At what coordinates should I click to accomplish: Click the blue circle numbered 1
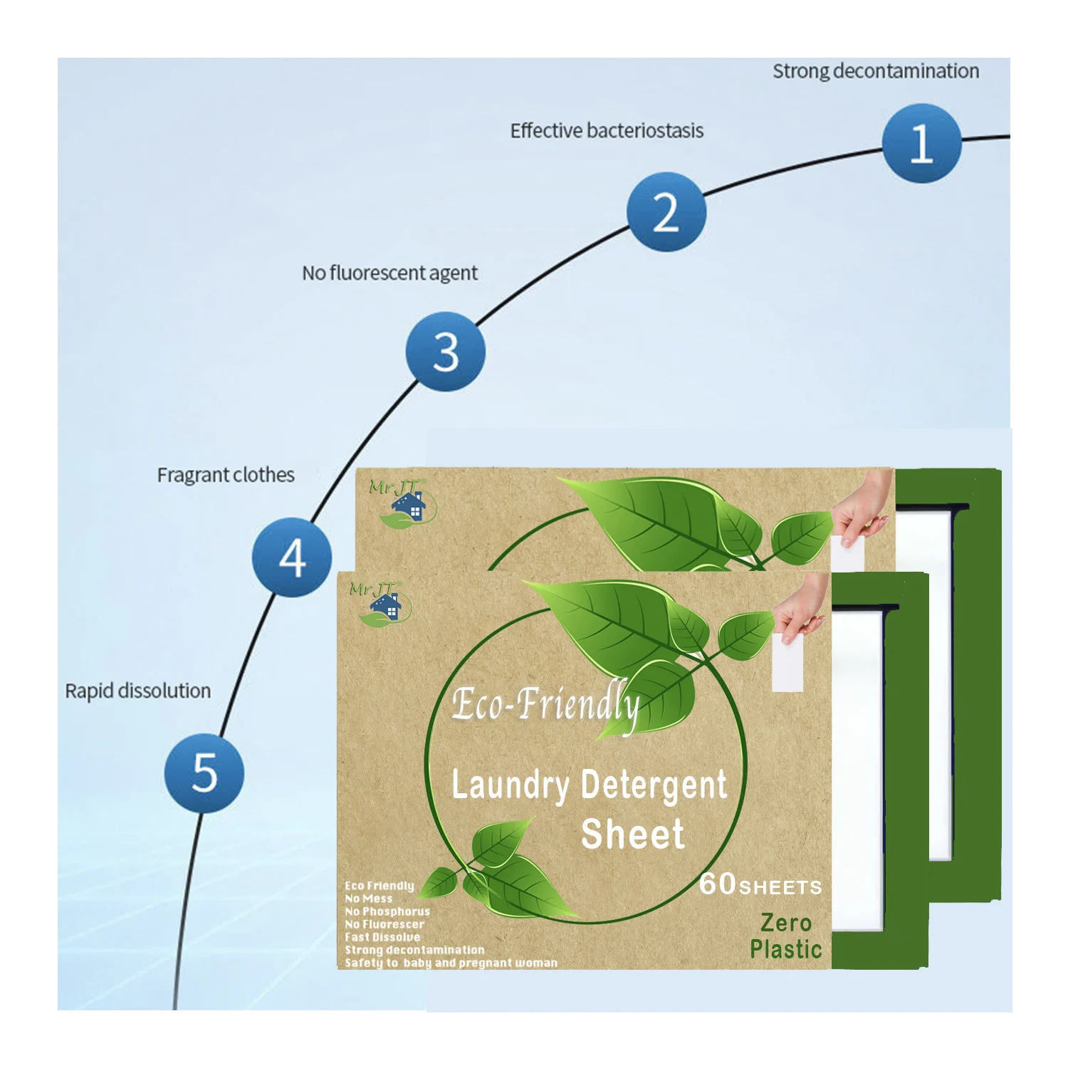tap(921, 143)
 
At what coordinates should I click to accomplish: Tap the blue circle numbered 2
tap(666, 211)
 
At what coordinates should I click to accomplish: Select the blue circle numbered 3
tap(446, 351)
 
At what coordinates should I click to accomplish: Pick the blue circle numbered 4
tap(292, 557)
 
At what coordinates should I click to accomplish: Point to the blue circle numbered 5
tap(204, 773)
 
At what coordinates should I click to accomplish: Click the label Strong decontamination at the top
tap(876, 71)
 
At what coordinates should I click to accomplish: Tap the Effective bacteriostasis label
tap(607, 131)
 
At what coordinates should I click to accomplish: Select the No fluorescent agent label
tap(389, 273)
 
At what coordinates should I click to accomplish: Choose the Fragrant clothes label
tap(226, 475)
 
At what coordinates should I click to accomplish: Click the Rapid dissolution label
tap(138, 691)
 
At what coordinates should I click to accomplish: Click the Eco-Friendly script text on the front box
tap(545, 705)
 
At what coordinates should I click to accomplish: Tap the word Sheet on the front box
tap(632, 834)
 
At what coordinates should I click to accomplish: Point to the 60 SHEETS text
tap(760, 885)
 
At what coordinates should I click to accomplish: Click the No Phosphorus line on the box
tap(387, 911)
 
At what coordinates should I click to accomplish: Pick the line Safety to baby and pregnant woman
tap(451, 963)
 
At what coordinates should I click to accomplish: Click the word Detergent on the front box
tap(654, 785)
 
